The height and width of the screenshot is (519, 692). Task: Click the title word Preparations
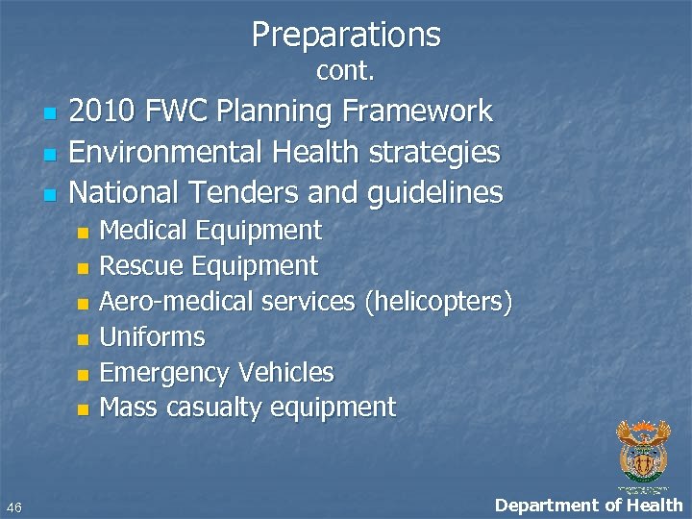click(346, 35)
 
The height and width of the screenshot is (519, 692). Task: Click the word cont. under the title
click(345, 71)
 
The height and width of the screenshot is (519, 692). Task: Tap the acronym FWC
click(178, 111)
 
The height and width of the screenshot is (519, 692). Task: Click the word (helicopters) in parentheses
click(438, 302)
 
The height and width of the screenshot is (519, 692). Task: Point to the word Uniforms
click(153, 337)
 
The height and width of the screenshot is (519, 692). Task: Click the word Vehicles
click(285, 373)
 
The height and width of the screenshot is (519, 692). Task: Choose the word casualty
click(213, 408)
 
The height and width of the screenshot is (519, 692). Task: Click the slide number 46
click(14, 507)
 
